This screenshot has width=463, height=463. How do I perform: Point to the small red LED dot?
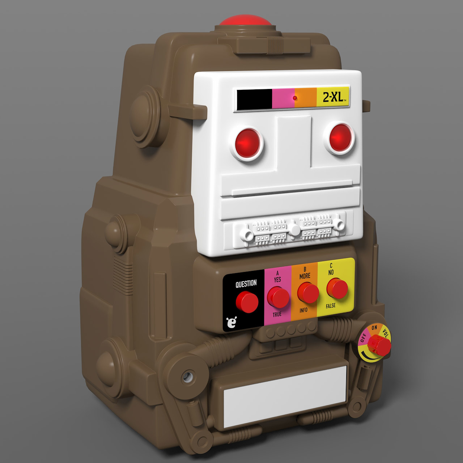pos(296,98)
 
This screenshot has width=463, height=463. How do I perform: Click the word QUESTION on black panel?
pos(246,284)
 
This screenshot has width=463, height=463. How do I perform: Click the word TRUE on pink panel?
pos(277,314)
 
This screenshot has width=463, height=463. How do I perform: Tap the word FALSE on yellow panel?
pos(331,306)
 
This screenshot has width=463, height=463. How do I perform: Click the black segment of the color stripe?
pos(254,99)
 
